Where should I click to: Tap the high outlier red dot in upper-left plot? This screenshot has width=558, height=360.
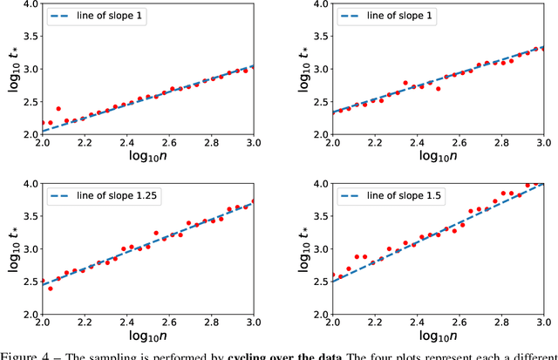pyautogui.click(x=58, y=109)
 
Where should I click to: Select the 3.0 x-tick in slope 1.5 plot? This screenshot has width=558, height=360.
pyautogui.click(x=542, y=326)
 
